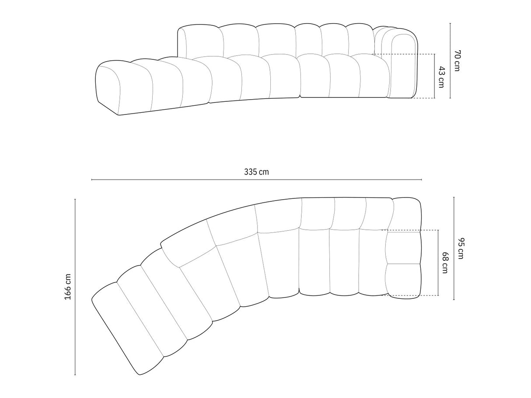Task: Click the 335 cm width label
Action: click(256, 172)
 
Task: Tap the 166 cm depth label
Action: click(67, 287)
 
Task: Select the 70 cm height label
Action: click(457, 61)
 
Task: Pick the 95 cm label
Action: click(460, 249)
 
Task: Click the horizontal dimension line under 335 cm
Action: click(256, 180)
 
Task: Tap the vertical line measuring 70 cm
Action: click(450, 61)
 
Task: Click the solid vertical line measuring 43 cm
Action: click(435, 76)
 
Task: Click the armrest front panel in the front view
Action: click(403, 66)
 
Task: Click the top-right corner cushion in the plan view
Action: click(407, 214)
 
